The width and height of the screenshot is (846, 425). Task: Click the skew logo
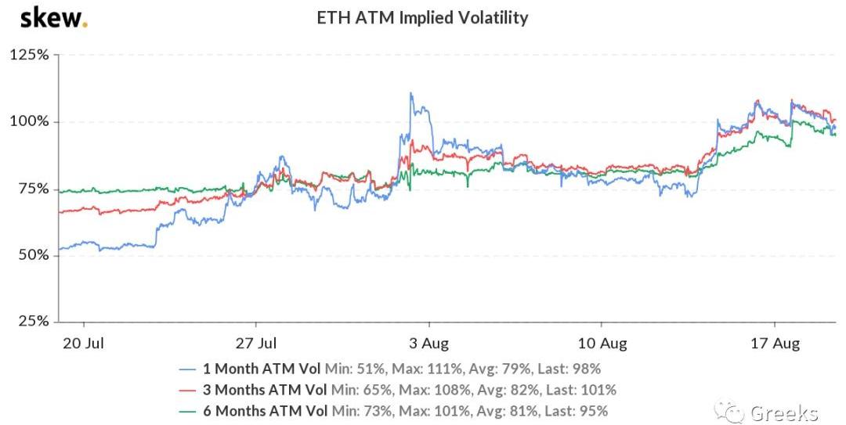click(x=53, y=17)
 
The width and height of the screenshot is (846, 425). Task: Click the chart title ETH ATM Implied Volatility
click(x=421, y=17)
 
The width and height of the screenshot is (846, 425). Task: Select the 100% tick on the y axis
click(x=30, y=122)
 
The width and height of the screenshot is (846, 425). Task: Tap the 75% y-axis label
click(x=32, y=189)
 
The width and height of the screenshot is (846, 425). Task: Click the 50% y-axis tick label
click(x=32, y=255)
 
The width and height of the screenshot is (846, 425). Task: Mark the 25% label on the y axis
click(x=32, y=322)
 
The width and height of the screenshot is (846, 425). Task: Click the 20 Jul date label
click(x=84, y=344)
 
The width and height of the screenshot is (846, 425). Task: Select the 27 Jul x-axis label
click(x=256, y=344)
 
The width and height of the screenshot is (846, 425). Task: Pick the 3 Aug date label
click(x=429, y=344)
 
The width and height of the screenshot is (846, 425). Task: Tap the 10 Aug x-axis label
click(x=602, y=344)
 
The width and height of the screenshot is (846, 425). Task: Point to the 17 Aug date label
click(x=775, y=344)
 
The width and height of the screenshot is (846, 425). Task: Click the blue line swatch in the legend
click(x=189, y=368)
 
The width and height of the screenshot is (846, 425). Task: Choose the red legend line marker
click(x=189, y=389)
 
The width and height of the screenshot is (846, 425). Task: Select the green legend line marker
click(x=189, y=410)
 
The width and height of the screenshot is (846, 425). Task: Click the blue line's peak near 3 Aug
click(x=410, y=94)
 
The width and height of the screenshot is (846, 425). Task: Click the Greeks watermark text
click(x=783, y=412)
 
